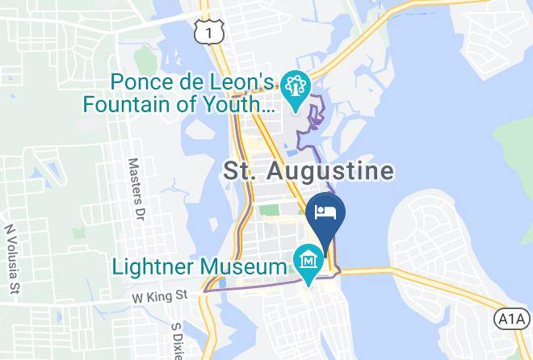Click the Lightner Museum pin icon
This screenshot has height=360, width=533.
pyautogui.click(x=309, y=262)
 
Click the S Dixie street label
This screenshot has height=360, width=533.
pyautogui.click(x=178, y=339)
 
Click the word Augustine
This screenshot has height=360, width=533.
pyautogui.click(x=340, y=171)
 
